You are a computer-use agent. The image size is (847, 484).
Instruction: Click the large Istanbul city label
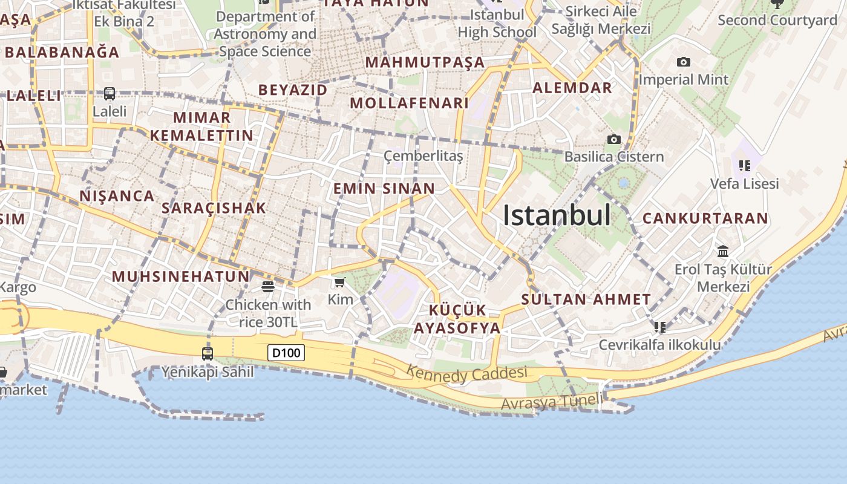(x=557, y=215)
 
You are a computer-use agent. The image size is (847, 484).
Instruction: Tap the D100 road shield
(x=286, y=352)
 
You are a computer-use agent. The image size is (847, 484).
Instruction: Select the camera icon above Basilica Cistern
(x=613, y=140)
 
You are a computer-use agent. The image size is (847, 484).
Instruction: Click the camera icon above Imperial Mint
(x=684, y=62)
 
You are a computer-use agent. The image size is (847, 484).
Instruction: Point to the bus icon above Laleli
(x=110, y=94)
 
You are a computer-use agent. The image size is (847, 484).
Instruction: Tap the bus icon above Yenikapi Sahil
(x=208, y=353)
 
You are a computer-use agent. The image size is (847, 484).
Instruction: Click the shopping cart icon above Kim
(x=339, y=283)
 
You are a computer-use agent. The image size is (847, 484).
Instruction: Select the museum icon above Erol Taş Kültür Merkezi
(x=722, y=251)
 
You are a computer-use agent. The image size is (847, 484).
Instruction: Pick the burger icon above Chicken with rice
(x=268, y=286)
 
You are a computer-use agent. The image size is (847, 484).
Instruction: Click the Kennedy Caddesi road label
(x=466, y=374)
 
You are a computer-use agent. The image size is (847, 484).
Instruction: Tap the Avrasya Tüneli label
(x=552, y=401)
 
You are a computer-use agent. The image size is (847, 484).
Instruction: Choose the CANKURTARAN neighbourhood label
(x=705, y=218)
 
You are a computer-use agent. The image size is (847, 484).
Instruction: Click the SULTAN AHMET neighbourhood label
(x=586, y=299)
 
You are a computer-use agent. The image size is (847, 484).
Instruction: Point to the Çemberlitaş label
(x=423, y=156)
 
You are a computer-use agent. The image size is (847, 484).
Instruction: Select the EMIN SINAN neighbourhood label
(x=384, y=188)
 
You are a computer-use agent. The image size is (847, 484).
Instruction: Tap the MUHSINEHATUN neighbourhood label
(x=180, y=276)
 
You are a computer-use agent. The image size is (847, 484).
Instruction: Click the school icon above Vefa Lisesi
(x=744, y=165)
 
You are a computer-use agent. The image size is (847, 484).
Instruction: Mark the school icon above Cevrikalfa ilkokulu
(x=659, y=327)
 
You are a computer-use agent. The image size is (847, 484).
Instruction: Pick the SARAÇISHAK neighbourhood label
(x=214, y=208)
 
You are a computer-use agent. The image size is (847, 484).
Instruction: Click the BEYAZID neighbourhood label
(x=293, y=90)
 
